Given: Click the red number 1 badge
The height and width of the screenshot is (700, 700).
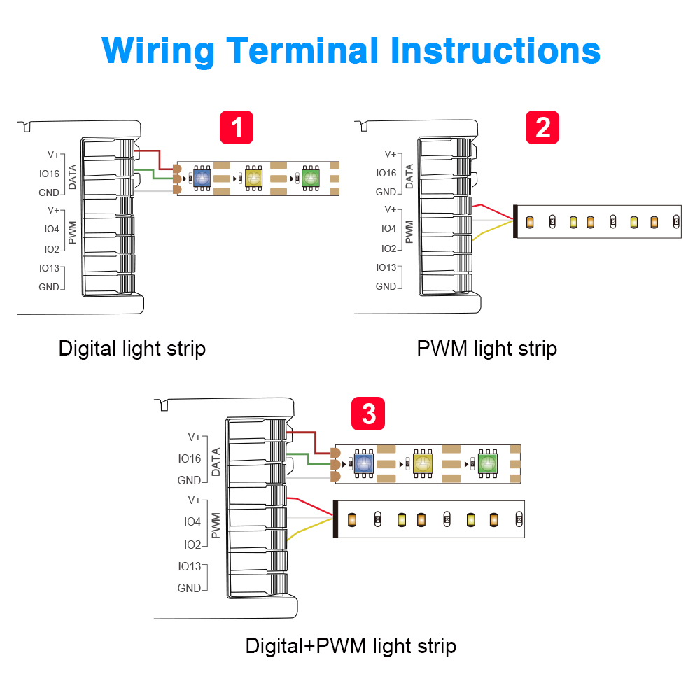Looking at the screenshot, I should [237, 127].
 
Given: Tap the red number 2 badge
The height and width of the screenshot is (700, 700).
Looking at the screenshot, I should [542, 127].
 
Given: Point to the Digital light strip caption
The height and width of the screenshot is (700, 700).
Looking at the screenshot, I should [132, 348].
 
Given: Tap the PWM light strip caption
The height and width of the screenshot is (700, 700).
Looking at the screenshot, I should [487, 348].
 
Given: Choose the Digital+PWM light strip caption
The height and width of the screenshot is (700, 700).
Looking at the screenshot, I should [351, 645].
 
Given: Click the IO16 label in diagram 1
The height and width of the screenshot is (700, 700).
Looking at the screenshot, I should [50, 173].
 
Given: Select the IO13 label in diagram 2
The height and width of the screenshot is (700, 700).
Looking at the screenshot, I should [386, 267].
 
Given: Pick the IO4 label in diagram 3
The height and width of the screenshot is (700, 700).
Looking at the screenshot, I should [192, 521].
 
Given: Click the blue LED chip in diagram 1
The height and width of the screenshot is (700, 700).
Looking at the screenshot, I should [202, 177].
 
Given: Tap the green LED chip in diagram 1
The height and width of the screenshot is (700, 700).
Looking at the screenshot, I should [310, 177].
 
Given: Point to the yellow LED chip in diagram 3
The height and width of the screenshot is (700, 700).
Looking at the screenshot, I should [423, 463].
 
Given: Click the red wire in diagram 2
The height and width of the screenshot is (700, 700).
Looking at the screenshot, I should [494, 211].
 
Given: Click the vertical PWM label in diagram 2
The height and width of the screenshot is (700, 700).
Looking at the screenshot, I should [409, 229].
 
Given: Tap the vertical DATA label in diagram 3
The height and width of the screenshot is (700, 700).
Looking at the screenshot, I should [216, 462].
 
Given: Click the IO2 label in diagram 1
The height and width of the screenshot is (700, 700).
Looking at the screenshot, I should [52, 248].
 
